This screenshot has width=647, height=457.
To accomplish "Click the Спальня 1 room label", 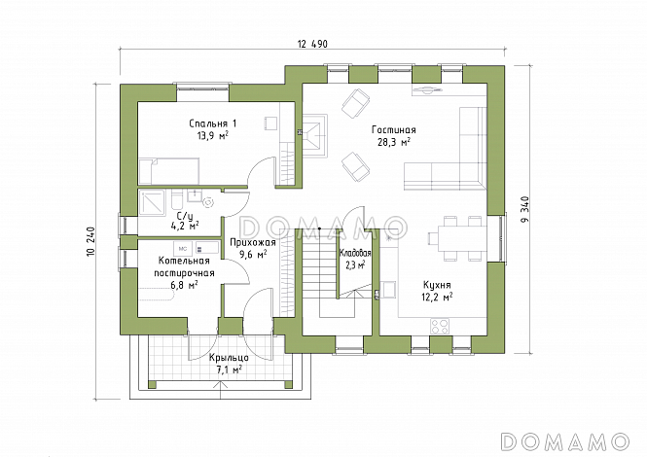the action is coord(213,123).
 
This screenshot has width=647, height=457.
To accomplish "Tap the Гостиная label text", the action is coord(394,130).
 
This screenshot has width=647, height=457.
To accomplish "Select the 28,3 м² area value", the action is coord(394,142).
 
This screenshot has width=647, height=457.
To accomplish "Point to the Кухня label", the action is coord(437,285).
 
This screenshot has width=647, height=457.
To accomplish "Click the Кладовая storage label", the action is coord(355,253).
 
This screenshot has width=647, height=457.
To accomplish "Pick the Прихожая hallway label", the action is coord(253,243).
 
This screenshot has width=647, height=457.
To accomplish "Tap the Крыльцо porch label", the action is coord(229,358).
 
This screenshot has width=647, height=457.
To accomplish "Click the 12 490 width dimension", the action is coord(312,44).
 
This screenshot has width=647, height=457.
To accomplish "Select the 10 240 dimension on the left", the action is coord(90,242).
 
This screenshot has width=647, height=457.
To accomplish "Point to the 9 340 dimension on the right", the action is coord(524,209).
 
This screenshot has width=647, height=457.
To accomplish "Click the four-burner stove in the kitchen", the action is coord(439,326).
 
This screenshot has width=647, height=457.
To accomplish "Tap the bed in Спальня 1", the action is coord(169,171).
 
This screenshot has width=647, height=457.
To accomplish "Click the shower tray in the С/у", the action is coord(152,203).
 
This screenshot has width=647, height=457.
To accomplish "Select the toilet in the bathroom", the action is coord(176,199).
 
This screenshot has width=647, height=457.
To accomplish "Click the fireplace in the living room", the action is coord(316,136).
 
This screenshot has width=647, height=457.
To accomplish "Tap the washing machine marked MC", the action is coord(183,248).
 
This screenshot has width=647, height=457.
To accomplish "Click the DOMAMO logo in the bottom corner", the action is coord(564,440).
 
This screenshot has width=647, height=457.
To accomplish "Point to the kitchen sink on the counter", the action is coord(389,289).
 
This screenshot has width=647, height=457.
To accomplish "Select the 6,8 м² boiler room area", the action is coord(184,285).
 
